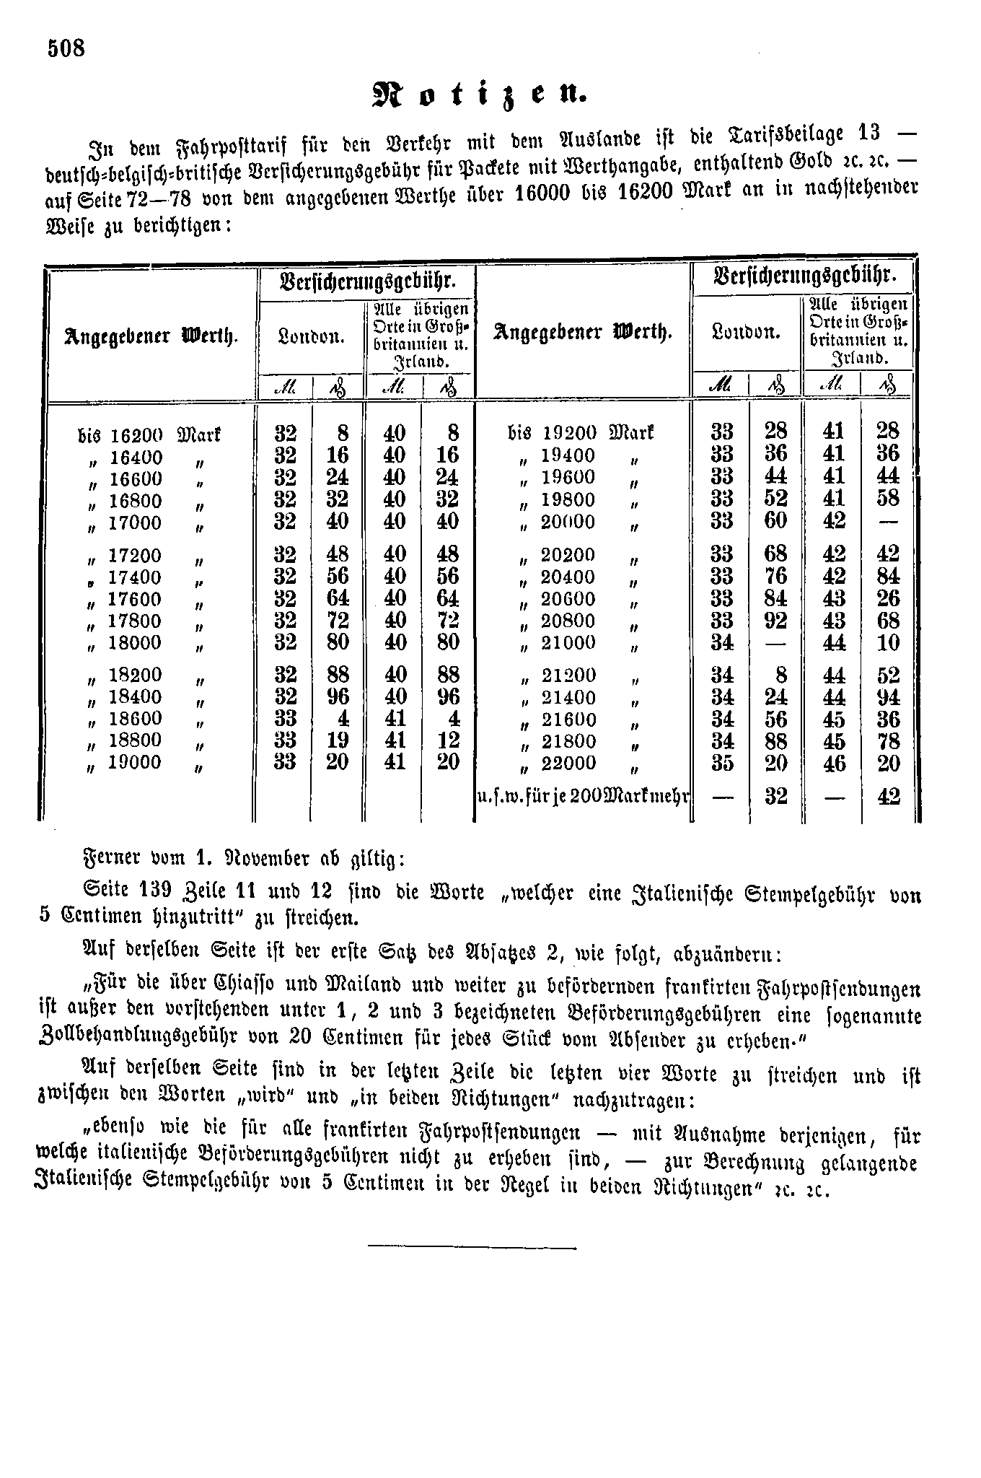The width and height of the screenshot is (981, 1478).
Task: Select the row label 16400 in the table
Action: (x=136, y=458)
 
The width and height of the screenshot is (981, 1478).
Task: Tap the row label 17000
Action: (x=135, y=522)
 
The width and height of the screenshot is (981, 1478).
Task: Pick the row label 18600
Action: (x=135, y=719)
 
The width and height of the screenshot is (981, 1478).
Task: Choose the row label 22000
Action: (x=568, y=763)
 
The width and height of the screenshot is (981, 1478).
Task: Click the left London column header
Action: (x=311, y=336)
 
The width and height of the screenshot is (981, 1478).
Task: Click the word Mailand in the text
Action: (x=329, y=986)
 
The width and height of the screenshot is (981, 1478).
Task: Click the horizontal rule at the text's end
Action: (x=472, y=1246)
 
